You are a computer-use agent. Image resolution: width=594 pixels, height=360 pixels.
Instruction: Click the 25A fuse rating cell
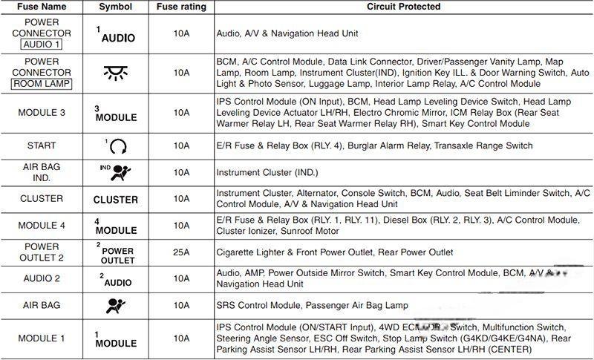[180, 252]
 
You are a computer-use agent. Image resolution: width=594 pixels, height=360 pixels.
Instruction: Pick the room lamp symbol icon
[115, 73]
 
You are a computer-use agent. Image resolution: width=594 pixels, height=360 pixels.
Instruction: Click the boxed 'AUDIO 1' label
[42, 45]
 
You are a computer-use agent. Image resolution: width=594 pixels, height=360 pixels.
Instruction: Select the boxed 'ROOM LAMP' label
[42, 84]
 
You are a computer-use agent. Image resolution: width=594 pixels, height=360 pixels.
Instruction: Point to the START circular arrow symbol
[117, 146]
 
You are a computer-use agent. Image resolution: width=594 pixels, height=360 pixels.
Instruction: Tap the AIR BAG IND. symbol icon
[116, 172]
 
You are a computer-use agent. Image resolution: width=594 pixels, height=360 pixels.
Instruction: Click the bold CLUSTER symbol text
[115, 200]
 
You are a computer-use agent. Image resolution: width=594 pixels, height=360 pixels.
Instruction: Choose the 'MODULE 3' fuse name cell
[42, 112]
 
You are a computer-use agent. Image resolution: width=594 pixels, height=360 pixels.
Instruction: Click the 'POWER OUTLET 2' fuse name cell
[42, 252]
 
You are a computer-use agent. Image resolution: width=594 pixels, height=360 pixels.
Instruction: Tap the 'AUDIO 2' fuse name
[42, 278]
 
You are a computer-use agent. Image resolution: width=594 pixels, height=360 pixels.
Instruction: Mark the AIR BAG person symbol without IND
[116, 305]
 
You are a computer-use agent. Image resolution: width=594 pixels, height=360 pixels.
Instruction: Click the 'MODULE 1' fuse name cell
[42, 338]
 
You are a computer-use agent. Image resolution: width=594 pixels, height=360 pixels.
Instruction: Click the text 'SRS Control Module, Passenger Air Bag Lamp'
[312, 305]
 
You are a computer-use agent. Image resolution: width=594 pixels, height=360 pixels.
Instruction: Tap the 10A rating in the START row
[180, 145]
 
